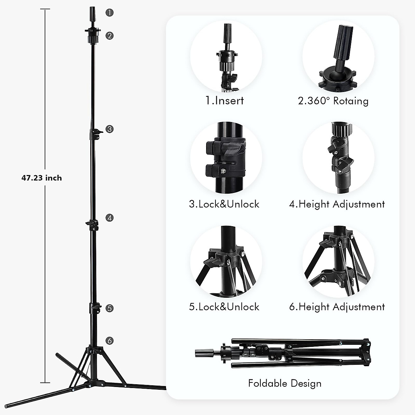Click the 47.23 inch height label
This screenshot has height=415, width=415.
(x=41, y=178)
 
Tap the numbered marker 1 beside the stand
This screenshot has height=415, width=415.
(x=110, y=12)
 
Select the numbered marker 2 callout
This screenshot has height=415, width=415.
(x=110, y=35)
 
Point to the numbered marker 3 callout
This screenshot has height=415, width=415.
(x=110, y=129)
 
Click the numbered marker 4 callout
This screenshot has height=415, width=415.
(x=110, y=218)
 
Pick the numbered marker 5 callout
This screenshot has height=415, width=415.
(x=110, y=308)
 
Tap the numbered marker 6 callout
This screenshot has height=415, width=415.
(x=110, y=341)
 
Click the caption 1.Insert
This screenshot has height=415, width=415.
(x=224, y=101)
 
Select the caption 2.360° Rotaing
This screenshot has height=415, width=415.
(x=333, y=101)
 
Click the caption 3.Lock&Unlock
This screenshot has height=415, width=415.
(x=224, y=204)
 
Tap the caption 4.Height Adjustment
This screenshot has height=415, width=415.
(x=337, y=204)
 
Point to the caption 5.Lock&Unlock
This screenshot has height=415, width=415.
(x=224, y=307)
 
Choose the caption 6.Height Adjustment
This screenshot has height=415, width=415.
(x=337, y=307)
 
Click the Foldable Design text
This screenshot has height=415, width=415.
(x=285, y=383)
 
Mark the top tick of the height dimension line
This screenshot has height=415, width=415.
(x=45, y=9)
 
